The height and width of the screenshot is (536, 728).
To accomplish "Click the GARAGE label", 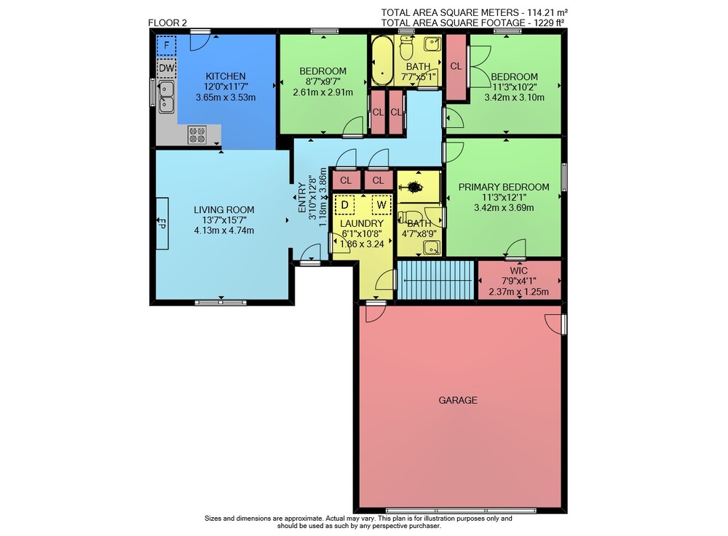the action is click(458, 400).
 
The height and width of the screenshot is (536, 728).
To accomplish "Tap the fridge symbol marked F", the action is click(166, 45).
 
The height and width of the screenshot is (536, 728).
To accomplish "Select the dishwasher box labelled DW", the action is click(167, 68).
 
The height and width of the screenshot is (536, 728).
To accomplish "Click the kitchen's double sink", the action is click(166, 97).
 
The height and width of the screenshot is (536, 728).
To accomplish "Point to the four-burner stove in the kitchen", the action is click(197, 135).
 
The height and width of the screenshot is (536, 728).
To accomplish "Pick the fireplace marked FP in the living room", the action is click(162, 223).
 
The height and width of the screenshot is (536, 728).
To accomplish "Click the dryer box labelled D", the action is click(344, 205).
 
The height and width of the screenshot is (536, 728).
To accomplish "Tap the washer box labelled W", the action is click(381, 205).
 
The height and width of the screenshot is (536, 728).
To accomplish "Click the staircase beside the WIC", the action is click(435, 280).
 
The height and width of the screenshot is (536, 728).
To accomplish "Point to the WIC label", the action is click(518, 271).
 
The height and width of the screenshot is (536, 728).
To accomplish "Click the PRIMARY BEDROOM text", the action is click(504, 187).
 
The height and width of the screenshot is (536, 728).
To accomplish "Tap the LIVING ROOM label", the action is click(223, 210).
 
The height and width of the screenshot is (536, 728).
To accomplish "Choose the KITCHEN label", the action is click(226, 76).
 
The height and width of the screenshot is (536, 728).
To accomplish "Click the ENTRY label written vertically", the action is click(302, 198).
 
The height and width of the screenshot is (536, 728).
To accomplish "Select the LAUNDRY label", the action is click(362, 223).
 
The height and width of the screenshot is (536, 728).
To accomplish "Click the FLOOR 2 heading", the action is click(167, 23).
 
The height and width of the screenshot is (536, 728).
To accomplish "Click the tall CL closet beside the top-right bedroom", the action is click(456, 67).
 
